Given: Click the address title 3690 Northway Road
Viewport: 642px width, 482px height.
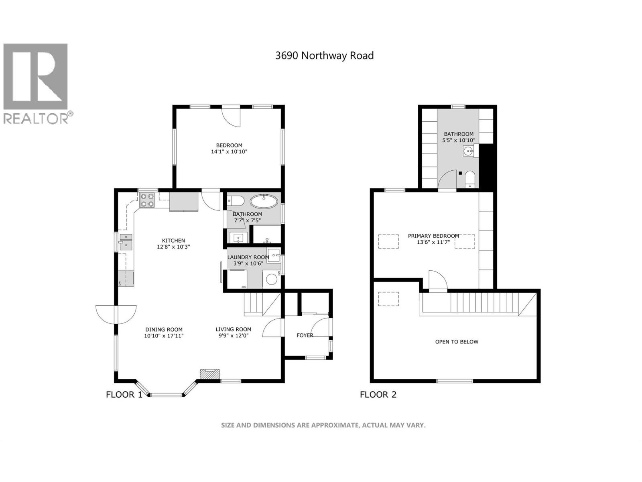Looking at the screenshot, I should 324,55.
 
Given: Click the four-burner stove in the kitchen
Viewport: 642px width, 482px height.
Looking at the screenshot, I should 147,200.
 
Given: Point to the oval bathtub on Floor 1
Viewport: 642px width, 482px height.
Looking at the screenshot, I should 264,201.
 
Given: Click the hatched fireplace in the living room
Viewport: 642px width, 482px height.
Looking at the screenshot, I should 210,374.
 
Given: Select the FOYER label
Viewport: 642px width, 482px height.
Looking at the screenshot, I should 305,335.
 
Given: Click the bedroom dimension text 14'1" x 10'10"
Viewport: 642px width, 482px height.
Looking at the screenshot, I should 229,152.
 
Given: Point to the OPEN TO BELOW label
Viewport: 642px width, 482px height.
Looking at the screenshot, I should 457,342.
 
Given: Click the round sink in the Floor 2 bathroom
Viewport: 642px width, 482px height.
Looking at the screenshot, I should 468,151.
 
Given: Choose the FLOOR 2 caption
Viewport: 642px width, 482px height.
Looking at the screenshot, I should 378,394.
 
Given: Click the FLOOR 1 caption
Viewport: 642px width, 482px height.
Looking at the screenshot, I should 124,394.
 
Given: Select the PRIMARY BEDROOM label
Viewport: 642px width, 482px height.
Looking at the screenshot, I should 433,236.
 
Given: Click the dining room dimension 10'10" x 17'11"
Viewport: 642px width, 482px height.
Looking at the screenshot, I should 164,336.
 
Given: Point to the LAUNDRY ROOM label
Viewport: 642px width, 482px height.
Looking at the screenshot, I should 248,257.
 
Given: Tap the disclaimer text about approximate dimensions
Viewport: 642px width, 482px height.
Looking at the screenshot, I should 323,425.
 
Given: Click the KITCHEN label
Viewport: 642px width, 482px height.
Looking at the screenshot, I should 173,241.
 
